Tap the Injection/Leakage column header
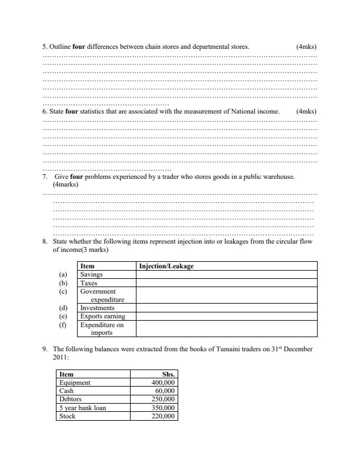coord(166,267)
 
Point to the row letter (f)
coord(64,324)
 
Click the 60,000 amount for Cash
coord(165,390)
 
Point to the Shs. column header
coord(168,374)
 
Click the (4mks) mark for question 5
coord(306,45)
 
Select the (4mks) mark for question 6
coord(306,111)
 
